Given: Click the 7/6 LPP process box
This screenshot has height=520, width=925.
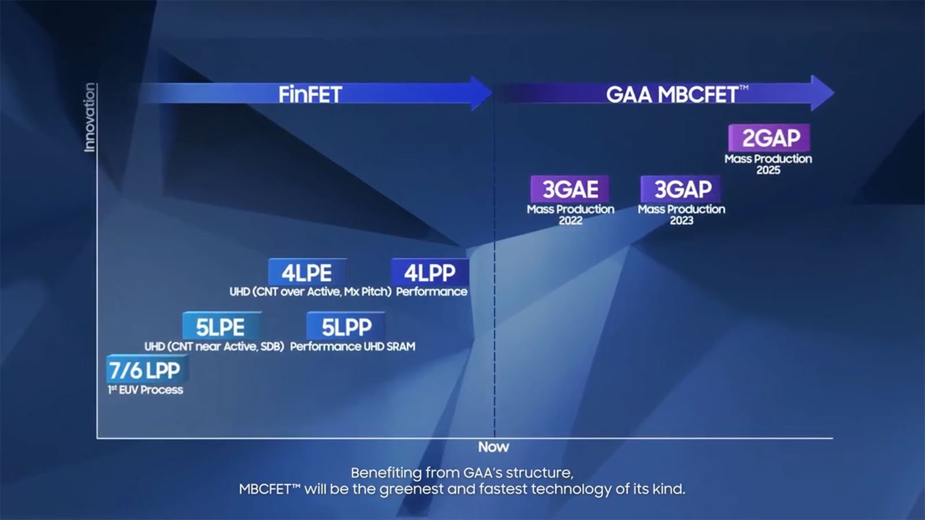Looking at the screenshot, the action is (x=147, y=369).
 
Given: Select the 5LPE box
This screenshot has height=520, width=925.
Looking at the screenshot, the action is (x=222, y=326).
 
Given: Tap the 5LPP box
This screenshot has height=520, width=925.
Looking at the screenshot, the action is (x=346, y=326).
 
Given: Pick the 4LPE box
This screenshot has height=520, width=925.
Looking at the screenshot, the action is (x=307, y=272).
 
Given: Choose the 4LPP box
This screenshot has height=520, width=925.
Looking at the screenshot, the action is (x=430, y=272).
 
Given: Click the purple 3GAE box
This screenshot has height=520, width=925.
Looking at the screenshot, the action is (x=570, y=189).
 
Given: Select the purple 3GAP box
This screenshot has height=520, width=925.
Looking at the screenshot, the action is (x=681, y=189).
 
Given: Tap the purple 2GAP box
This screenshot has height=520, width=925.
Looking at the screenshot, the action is (x=769, y=138).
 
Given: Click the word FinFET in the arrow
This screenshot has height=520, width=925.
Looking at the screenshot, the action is (x=310, y=95).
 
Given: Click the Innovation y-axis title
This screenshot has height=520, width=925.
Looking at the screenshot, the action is (x=90, y=118).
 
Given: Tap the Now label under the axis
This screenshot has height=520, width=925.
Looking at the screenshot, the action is (x=494, y=447).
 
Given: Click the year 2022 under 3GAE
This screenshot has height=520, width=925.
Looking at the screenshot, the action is (x=571, y=220).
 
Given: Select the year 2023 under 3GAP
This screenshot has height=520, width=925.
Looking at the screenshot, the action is (x=682, y=220).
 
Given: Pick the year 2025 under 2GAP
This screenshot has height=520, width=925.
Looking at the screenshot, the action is (x=768, y=170).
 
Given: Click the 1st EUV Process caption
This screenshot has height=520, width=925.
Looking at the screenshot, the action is (x=145, y=390).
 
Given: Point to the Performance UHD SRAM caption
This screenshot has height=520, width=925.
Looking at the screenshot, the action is (x=353, y=346).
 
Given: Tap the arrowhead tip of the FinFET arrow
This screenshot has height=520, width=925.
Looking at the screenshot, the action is (x=493, y=93).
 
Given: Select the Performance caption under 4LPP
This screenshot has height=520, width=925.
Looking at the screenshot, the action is (x=431, y=292).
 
